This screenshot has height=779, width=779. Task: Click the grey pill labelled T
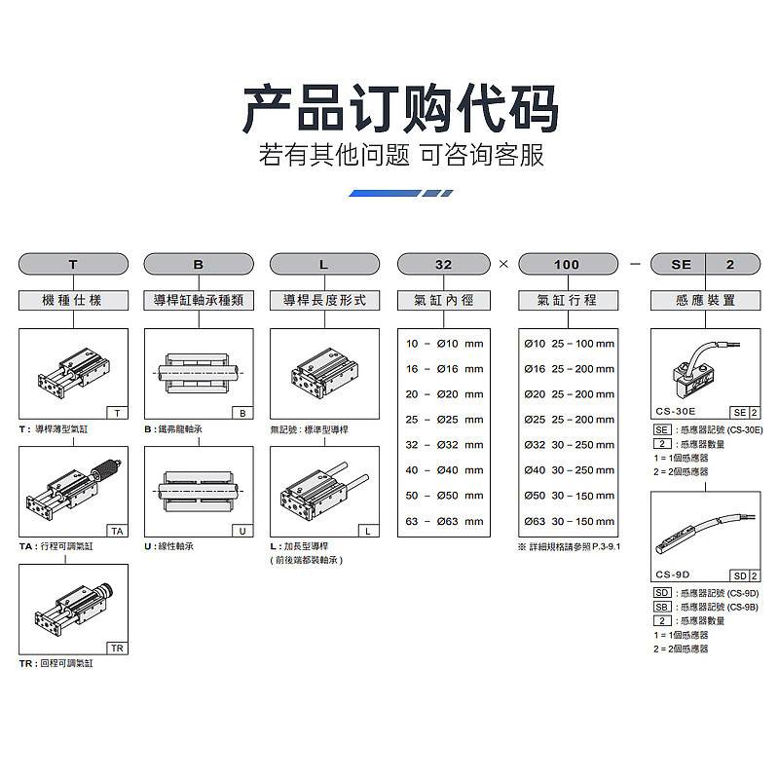coord(73,264)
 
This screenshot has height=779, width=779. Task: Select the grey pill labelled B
coord(199,264)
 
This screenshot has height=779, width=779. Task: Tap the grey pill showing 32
coord(443,264)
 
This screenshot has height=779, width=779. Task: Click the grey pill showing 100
coord(567,264)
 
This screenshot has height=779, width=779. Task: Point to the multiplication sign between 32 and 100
coord(504,264)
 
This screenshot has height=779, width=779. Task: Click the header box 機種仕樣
coord(73,301)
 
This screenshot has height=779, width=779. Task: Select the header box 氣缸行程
coord(567,301)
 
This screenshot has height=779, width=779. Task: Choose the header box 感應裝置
coord(706,301)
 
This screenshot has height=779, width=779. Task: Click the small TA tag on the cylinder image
coord(117,531)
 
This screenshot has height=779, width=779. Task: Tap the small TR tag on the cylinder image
coord(117,649)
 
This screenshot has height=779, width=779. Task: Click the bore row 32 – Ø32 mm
coord(444,445)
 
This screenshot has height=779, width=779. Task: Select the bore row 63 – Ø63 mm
coord(444,521)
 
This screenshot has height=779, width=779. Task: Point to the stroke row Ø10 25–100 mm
coord(570,344)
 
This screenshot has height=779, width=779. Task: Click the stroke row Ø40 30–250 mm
coord(570,470)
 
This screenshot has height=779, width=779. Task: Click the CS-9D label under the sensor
coord(673,575)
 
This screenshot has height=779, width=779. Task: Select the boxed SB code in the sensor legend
coord(662,607)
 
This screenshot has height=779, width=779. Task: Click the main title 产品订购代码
coord(400,109)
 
